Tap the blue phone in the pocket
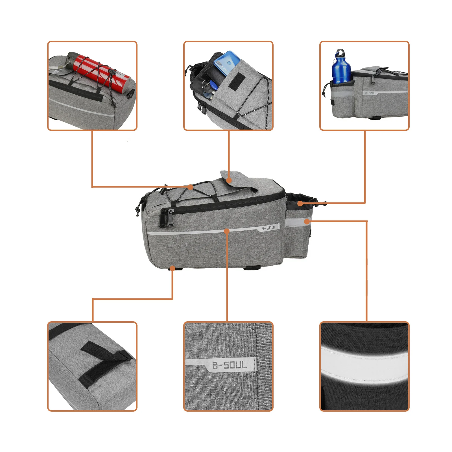pos(226,63)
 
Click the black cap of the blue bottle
pos(340,53)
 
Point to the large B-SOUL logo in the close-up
pos(230,365)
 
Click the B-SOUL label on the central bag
pos(268,228)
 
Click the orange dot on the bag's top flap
pos(229,180)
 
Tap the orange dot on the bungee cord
pos(191,187)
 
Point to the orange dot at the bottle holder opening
pos(300,204)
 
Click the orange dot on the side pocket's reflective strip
pos(307,222)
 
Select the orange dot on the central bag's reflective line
pos(226,231)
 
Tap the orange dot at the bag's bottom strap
pos(172,268)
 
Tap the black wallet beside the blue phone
pos(213,71)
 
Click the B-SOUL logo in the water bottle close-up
pos(370,93)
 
